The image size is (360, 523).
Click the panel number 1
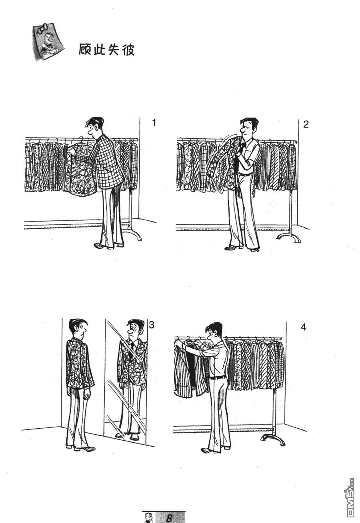tap(154, 123)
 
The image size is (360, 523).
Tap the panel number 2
tap(306, 124)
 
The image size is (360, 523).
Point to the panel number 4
tap(303, 327)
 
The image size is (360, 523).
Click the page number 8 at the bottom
tap(169, 517)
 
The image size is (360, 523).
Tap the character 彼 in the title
tap(128, 49)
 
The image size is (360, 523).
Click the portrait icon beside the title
tap(48, 41)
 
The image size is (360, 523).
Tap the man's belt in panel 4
tap(217, 376)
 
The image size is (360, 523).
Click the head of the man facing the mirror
tap(78, 329)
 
